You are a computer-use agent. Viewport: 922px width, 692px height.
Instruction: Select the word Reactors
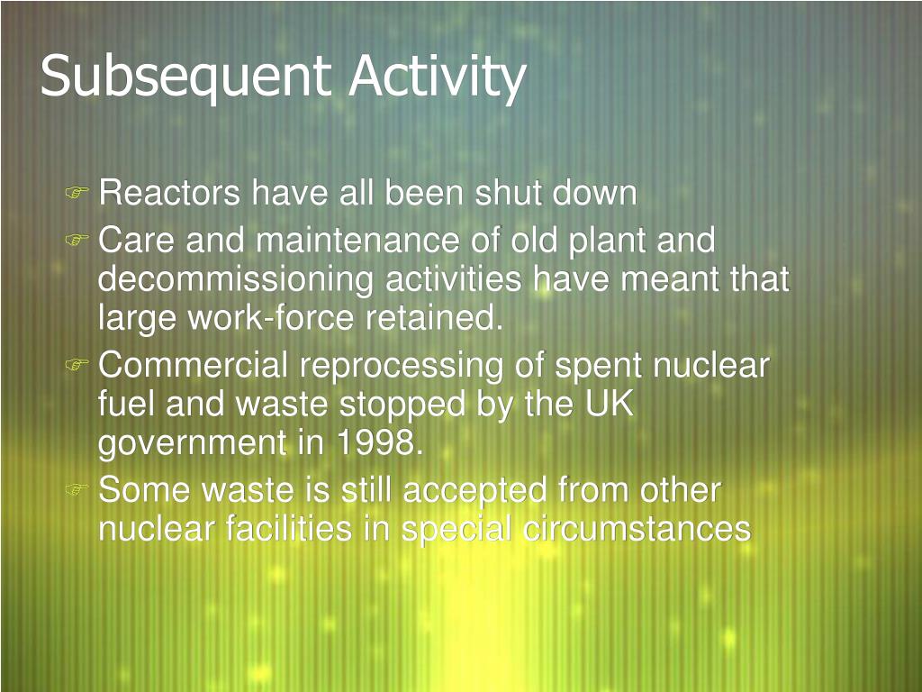click(x=169, y=193)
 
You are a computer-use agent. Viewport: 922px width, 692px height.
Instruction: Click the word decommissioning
click(x=235, y=280)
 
